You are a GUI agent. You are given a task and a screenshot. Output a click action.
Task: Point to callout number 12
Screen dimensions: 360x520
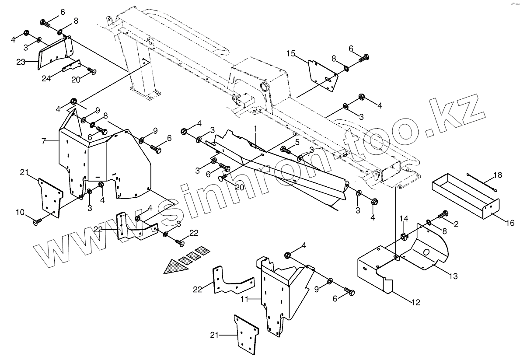(x=415, y=302)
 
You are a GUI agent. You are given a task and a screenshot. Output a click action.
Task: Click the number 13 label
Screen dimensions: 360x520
(x=453, y=276)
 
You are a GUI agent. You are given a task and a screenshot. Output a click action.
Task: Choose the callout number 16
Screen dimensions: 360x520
(x=510, y=223)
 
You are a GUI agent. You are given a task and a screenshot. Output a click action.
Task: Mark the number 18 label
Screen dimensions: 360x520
(x=498, y=175)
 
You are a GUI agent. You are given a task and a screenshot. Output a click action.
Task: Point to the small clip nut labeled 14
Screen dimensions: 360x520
(x=404, y=238)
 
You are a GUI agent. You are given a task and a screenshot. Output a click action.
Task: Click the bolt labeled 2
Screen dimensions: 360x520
(x=444, y=214)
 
